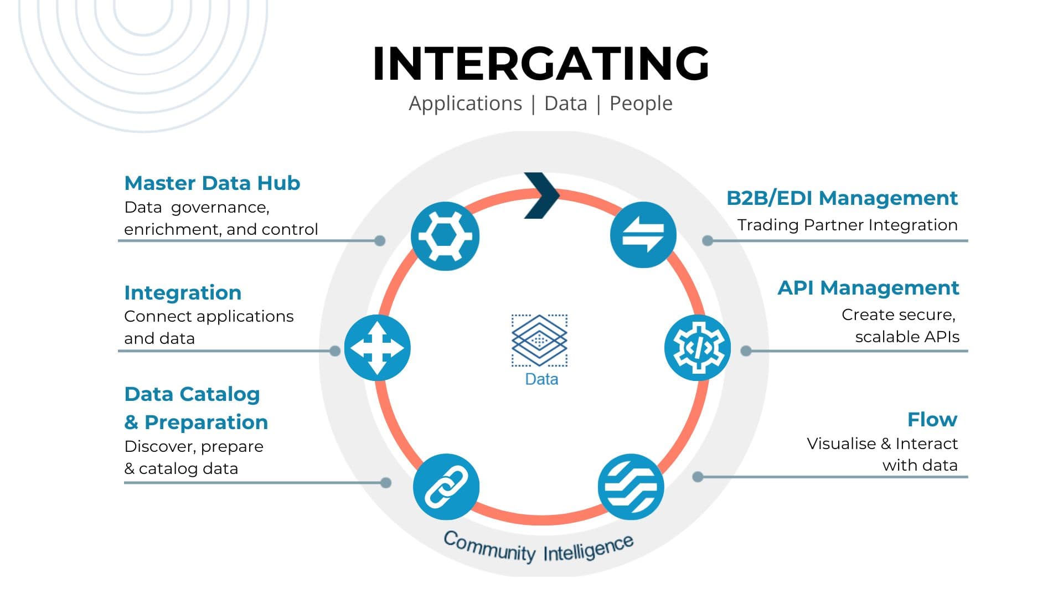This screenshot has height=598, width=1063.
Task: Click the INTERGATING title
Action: [541, 64]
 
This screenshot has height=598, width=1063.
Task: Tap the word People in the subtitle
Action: [641, 104]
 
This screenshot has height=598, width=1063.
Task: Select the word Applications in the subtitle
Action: [465, 104]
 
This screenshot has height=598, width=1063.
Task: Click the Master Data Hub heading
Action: [212, 183]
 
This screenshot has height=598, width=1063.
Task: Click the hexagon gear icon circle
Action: [445, 236]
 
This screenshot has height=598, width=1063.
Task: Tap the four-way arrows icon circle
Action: [378, 348]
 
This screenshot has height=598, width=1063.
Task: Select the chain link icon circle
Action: [446, 487]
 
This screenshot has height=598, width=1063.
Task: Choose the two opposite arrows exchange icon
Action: [643, 235]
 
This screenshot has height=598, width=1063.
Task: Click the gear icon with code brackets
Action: [697, 348]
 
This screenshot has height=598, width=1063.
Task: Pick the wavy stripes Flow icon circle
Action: [631, 487]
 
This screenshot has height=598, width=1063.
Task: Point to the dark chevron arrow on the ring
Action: [541, 195]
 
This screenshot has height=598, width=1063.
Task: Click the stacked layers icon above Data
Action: [539, 340]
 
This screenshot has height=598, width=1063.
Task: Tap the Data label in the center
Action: [541, 379]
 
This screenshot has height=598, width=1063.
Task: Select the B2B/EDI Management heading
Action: [842, 198]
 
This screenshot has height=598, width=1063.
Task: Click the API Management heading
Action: [868, 287]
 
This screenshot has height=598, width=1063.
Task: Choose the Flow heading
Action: [932, 419]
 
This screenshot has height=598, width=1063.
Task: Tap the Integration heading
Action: [183, 292]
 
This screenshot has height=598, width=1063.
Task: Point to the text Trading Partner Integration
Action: [847, 225]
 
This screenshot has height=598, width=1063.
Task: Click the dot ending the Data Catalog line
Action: [386, 483]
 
